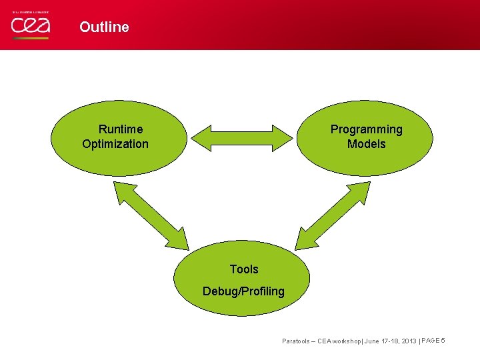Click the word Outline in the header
(104, 27)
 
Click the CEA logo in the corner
(30, 26)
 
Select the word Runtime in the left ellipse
(121, 129)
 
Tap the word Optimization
(115, 144)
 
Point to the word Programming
(367, 129)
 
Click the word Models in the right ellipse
(367, 144)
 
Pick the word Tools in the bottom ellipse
(244, 269)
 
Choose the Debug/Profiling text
(244, 291)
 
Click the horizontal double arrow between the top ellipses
(242, 137)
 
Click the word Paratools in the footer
(296, 341)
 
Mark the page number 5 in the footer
(443, 341)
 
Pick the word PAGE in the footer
(430, 341)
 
